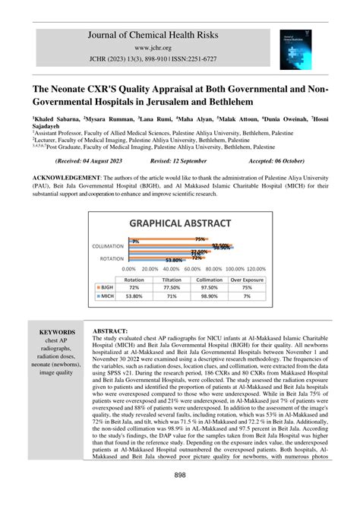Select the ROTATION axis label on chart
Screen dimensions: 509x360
(116, 258)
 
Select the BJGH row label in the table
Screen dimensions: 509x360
(106, 289)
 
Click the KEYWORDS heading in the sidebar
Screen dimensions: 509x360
(58, 333)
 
